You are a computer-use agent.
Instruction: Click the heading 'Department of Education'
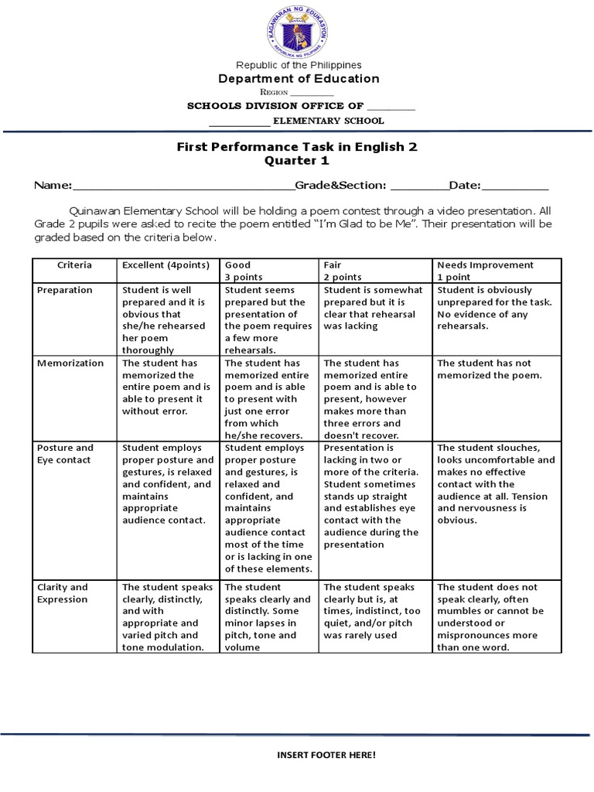click(298, 78)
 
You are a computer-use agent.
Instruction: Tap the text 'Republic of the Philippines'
click(298, 65)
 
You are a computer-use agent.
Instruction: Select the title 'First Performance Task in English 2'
click(298, 146)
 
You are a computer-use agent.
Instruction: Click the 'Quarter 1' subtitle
click(298, 160)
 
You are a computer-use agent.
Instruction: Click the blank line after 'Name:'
click(183, 186)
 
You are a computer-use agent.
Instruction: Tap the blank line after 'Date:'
click(515, 186)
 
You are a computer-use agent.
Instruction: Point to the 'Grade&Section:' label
click(341, 186)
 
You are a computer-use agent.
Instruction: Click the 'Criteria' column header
click(74, 265)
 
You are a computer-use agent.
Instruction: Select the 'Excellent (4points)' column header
click(166, 265)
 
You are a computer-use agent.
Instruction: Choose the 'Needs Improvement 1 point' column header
click(485, 271)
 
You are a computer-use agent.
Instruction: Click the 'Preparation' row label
click(65, 290)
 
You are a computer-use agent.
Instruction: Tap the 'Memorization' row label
click(70, 363)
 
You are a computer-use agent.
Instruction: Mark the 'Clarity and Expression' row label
click(63, 593)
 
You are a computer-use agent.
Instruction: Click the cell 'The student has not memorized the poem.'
click(490, 369)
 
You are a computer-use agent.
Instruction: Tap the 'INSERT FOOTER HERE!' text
click(326, 754)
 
